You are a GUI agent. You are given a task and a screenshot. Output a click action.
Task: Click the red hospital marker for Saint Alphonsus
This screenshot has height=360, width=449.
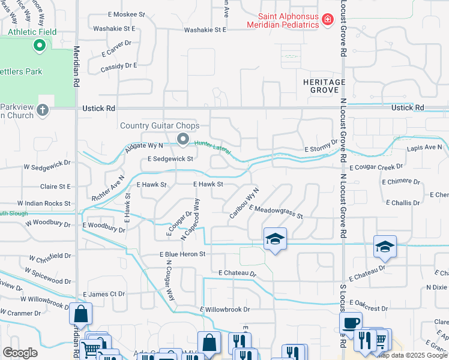point(328,20)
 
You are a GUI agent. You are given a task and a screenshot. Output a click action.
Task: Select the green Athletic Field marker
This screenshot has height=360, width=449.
point(40,45)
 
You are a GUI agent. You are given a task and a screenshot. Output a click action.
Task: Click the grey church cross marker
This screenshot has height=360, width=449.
point(42,110)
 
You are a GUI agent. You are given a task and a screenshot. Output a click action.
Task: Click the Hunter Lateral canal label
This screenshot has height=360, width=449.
point(212,147)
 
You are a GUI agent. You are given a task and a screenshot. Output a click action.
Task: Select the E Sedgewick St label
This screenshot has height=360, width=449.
point(170,159)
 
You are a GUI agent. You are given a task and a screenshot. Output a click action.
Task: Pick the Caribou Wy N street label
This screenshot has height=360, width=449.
point(243,202)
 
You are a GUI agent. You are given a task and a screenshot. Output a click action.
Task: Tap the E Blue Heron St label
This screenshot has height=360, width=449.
point(182,254)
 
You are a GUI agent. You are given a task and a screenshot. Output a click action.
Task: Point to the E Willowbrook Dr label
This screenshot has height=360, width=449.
point(224,310)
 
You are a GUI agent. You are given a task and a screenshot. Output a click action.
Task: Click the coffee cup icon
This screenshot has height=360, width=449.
point(351,322)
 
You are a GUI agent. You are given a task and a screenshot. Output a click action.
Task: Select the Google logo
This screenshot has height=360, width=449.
point(20,353)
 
